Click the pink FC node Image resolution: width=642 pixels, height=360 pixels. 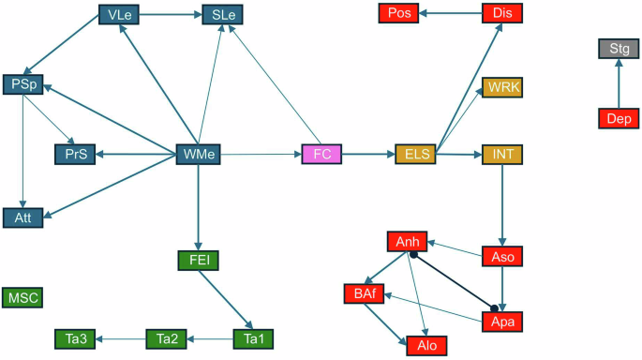322,153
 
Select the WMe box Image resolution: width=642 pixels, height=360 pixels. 199,153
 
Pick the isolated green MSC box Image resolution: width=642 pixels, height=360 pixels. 22,297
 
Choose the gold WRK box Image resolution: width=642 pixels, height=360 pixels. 502,87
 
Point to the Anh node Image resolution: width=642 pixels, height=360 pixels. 407,242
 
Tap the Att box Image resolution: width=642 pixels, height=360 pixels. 22,217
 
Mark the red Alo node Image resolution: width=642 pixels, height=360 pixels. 427,345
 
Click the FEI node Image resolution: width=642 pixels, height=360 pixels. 198,260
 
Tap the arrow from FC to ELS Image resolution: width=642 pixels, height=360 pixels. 369,153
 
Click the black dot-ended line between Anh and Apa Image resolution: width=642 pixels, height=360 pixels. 454,281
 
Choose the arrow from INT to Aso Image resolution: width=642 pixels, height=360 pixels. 502,204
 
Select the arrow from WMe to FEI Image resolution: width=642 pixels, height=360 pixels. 198,206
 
